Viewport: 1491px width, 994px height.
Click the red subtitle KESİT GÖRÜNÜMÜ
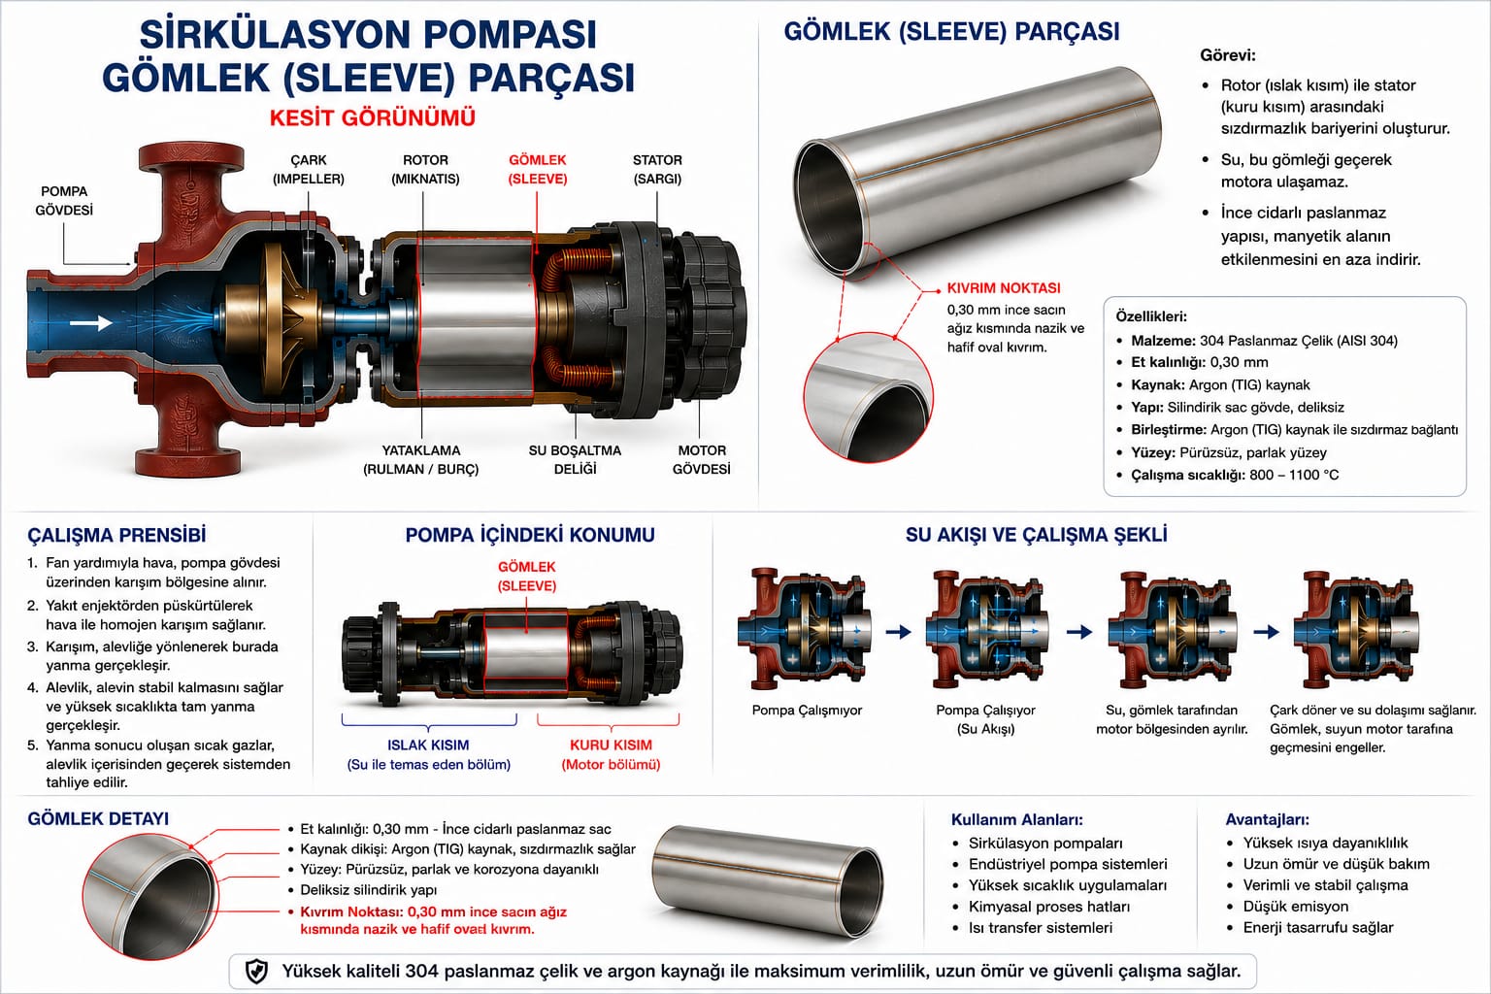point(372,117)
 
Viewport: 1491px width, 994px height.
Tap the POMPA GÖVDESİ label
point(64,201)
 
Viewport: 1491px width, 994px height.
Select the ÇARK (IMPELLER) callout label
point(308,169)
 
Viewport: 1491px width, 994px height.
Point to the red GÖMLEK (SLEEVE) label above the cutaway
point(537,169)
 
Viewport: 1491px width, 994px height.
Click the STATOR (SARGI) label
point(657,169)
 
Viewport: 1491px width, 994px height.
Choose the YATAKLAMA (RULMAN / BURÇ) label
point(420,459)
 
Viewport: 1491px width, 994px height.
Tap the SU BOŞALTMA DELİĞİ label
point(575,459)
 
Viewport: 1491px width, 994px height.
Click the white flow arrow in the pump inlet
point(91,323)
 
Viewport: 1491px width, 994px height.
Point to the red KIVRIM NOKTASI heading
point(1004,288)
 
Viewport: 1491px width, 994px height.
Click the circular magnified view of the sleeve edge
point(868,398)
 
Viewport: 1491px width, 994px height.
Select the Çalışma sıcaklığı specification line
point(1235,475)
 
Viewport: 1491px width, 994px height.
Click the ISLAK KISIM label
point(428,745)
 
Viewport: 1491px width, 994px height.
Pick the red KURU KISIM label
point(611,745)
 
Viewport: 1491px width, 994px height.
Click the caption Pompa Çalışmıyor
point(807,711)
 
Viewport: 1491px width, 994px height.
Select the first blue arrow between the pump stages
point(899,631)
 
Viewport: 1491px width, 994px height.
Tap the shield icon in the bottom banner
point(257,972)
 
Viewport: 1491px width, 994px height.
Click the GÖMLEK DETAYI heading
point(98,819)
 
